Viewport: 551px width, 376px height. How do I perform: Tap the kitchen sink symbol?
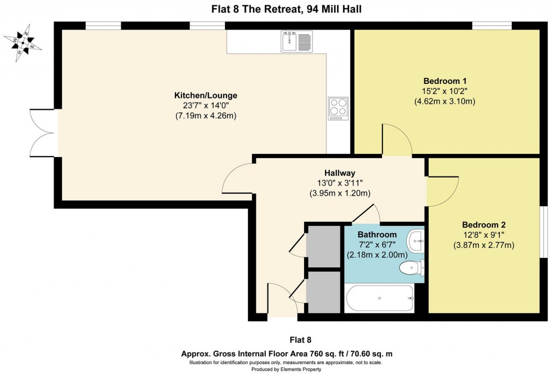coord(296,41)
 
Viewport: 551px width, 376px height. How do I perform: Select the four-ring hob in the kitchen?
coord(338,108)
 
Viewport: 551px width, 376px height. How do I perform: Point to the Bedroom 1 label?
coord(444,81)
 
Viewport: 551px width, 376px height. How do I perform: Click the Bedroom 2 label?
coord(484,225)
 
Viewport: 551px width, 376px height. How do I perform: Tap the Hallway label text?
coord(340,173)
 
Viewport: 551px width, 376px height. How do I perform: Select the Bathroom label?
coord(377,235)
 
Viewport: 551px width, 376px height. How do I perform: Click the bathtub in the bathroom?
coord(379,298)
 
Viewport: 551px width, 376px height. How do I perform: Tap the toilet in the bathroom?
coord(412,267)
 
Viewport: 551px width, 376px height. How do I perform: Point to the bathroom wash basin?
coord(415,240)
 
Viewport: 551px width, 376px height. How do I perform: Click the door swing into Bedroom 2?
coord(441,191)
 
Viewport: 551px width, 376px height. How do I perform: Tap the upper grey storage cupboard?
coord(323,246)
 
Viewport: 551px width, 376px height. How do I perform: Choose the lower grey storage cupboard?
coord(323,292)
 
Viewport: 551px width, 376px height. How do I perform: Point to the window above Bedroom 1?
coord(492,25)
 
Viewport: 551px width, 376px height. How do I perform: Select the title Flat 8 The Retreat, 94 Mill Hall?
coord(275,8)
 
